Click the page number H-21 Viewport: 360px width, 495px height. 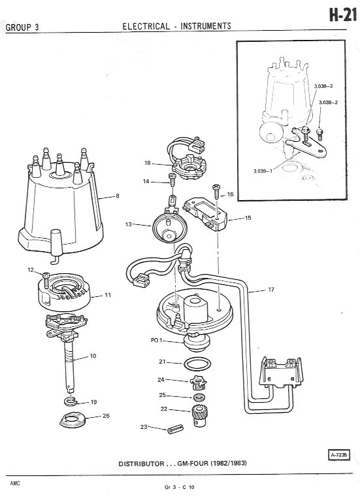[x=343, y=15]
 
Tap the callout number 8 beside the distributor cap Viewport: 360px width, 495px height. [x=118, y=196]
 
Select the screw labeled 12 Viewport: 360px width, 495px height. [x=46, y=279]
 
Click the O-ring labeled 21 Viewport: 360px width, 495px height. [x=197, y=364]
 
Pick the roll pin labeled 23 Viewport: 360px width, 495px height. [x=176, y=430]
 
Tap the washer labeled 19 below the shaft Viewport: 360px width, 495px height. [x=70, y=401]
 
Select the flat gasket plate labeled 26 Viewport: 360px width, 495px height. [x=73, y=420]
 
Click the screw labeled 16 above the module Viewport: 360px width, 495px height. [x=216, y=191]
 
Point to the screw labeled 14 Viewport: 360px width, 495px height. [x=172, y=180]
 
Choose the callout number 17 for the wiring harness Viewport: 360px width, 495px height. [x=271, y=289]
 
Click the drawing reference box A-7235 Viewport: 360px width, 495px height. [x=338, y=455]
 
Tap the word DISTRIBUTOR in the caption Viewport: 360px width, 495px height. [x=141, y=464]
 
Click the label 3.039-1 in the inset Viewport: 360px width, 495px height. [x=263, y=171]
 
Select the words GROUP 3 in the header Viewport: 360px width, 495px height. [x=22, y=27]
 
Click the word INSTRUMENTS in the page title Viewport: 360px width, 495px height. [x=206, y=26]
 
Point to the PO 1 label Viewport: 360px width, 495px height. [x=157, y=340]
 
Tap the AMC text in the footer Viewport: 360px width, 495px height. [x=15, y=483]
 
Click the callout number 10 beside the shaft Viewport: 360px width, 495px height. [x=93, y=356]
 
